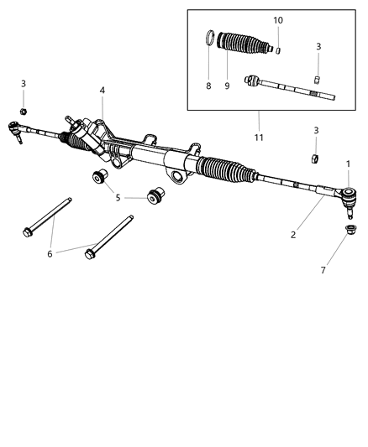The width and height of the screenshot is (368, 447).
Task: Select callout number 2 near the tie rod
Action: [292, 235]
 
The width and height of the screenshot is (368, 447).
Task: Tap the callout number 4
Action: [102, 90]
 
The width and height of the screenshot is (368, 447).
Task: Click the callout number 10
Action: [278, 19]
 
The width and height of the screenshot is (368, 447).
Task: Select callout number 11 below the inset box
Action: [259, 136]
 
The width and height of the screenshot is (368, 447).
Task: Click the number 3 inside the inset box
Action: [318, 46]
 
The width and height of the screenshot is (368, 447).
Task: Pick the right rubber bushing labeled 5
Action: [155, 196]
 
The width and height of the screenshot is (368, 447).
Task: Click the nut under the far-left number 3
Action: [24, 112]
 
